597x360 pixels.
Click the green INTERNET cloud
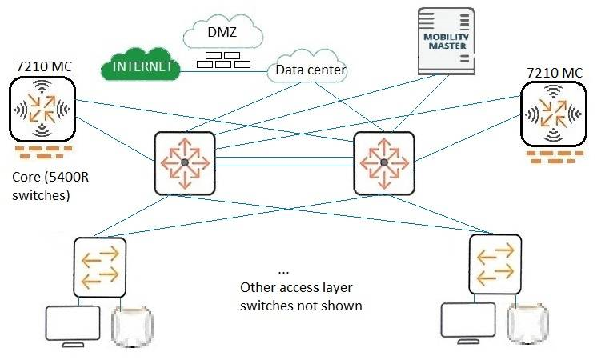coord(141,66)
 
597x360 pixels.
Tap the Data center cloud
coord(311,70)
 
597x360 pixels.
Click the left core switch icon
coord(185,162)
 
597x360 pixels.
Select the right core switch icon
coord(385,162)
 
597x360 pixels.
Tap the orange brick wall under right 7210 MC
coord(551,156)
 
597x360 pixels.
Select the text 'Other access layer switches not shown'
coord(302,296)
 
